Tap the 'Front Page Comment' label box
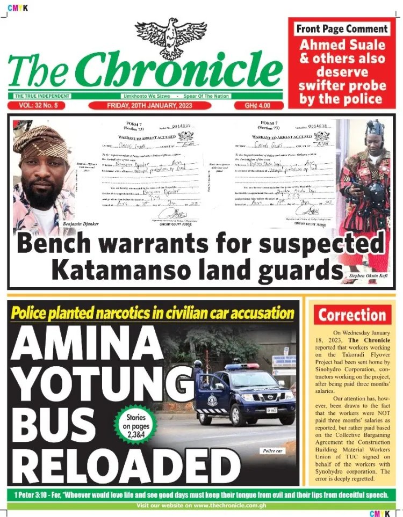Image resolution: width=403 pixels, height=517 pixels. (x=341, y=29)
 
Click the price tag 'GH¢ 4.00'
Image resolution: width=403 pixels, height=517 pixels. (x=257, y=106)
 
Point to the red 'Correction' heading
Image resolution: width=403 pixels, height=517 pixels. (x=352, y=315)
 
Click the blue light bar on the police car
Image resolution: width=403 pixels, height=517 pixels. (x=241, y=367)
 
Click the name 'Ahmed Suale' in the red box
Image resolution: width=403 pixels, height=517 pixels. (x=342, y=45)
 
